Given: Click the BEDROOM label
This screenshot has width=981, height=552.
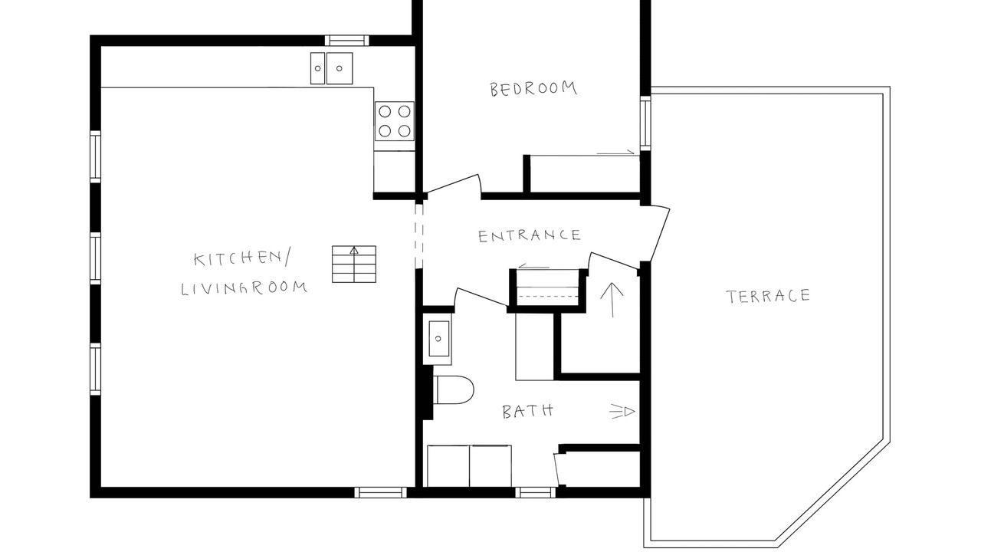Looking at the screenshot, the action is [x=533, y=88].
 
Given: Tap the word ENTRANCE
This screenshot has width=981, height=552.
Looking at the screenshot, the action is [x=530, y=235].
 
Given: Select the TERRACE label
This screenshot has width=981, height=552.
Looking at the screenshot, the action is [x=768, y=296].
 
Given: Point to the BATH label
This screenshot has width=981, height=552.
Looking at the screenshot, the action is [x=528, y=412].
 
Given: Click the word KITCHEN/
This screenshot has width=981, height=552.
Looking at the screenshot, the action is [x=241, y=258].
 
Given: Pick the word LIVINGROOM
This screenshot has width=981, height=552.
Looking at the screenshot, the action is [x=244, y=288].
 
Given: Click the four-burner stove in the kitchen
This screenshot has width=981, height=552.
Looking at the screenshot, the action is [x=394, y=121].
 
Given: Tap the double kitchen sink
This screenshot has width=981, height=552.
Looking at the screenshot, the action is [x=332, y=68].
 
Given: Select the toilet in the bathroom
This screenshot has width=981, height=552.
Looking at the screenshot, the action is [x=454, y=389].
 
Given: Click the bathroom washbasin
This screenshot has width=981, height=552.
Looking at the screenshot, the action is [x=438, y=339].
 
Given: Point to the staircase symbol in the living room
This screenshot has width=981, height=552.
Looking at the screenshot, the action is [x=354, y=264].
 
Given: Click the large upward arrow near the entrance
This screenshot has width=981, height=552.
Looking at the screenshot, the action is [x=612, y=300].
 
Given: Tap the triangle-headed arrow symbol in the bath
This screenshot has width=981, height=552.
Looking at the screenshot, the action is [x=622, y=412].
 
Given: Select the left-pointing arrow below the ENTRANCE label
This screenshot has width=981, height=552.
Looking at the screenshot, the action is [x=533, y=266].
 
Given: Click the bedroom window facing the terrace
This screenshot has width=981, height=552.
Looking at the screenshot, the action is [x=645, y=123].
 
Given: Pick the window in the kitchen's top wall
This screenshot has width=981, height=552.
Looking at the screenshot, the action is [x=347, y=41].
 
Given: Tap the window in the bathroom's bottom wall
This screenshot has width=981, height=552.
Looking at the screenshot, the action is [x=535, y=492].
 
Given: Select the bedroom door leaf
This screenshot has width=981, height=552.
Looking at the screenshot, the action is [x=453, y=183].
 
